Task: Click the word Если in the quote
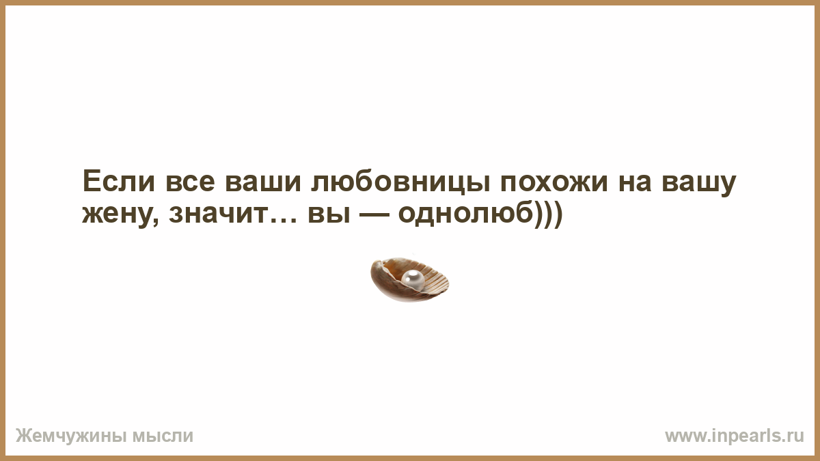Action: pos(119,181)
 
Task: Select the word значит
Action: pos(218,214)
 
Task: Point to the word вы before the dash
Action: pos(329,214)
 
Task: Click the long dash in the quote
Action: pos(374,214)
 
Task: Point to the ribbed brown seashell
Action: pos(409,279)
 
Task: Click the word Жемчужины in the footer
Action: pos(70,436)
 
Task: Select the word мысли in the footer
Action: pos(163,436)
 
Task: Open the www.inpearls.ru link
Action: pos(735,436)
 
